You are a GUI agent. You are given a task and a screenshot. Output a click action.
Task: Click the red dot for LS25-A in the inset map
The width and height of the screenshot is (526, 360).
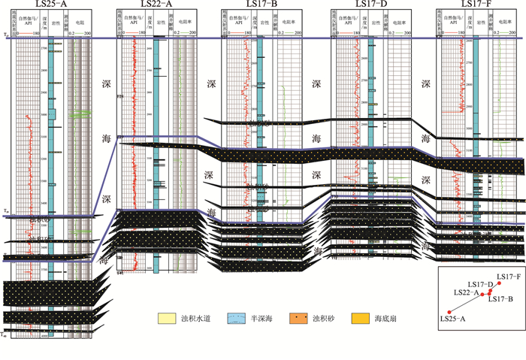[x=449, y=311]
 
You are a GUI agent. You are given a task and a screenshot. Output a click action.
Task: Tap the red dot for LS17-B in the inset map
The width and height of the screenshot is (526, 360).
[x=489, y=292]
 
